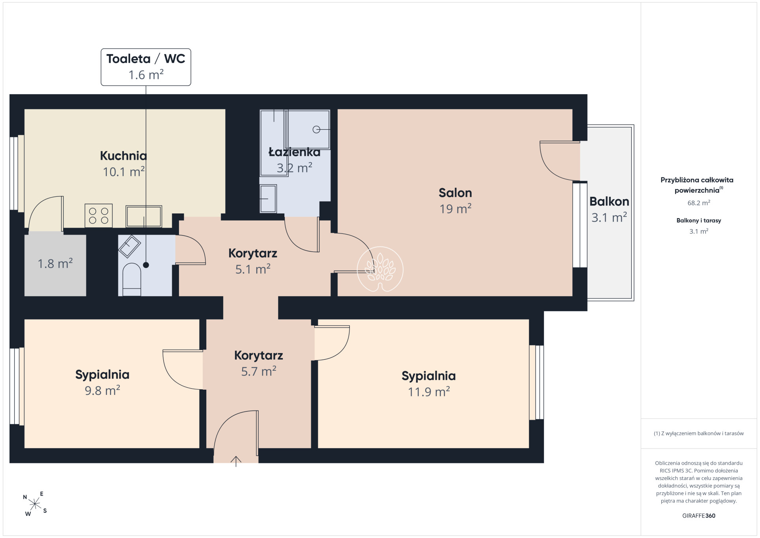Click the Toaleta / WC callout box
pos(146,67)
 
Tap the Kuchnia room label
pos(123,156)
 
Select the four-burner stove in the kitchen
pos(99,216)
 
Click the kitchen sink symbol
pos(144,217)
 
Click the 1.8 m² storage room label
pos(55,263)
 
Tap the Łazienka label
pos(294,152)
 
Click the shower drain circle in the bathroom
pos(316,129)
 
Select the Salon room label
pos(455,193)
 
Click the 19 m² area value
pos(456,209)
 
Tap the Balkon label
pos(609,202)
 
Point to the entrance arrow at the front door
pos(236,461)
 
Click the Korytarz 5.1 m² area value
pos(253,269)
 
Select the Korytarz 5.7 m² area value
pos(259,371)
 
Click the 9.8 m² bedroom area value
pos(103,390)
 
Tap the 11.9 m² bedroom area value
pos(429,392)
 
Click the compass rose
pos(35,504)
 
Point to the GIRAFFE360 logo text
pos(699,516)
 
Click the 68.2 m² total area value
pos(699,203)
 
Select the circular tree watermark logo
pos(380,269)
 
